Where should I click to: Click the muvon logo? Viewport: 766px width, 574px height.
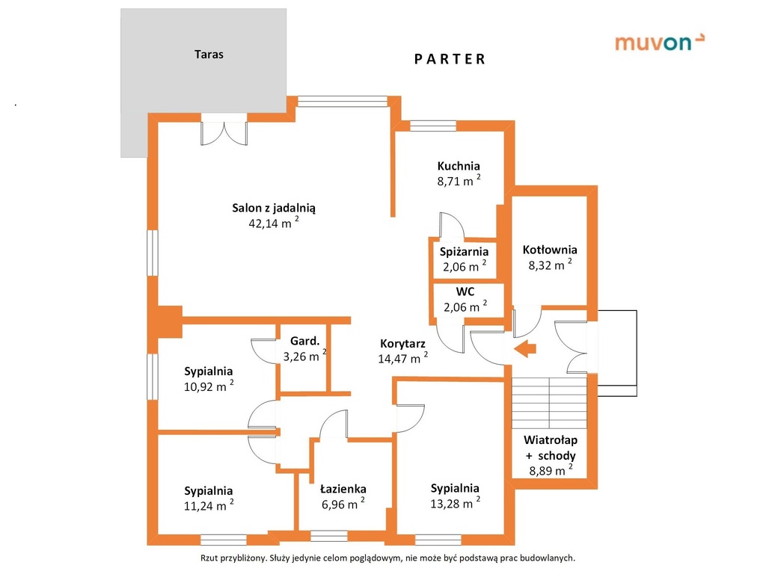(x=660, y=43)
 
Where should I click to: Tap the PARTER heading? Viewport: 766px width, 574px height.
(x=450, y=60)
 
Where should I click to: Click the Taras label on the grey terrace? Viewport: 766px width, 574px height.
(x=209, y=54)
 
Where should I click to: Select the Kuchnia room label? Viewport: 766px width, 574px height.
(x=459, y=166)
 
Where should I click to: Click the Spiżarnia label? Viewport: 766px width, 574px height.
(x=464, y=252)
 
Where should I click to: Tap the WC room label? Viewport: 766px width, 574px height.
(x=465, y=292)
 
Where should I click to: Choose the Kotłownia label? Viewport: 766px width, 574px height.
(x=550, y=250)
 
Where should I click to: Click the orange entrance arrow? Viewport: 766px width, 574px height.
(x=525, y=348)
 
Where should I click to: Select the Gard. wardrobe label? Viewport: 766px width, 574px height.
(x=305, y=341)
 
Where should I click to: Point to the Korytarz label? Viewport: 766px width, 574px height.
(x=402, y=344)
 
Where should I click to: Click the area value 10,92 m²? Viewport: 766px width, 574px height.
(x=209, y=386)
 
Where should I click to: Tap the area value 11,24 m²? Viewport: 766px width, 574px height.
(x=209, y=505)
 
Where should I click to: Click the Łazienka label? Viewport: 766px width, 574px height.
(x=343, y=489)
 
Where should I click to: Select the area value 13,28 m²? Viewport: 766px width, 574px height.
(x=455, y=503)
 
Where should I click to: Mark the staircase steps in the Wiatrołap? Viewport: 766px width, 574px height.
(x=550, y=403)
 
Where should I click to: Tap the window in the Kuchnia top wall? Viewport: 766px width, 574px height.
(x=433, y=126)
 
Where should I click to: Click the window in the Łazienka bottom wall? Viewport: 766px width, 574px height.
(x=329, y=536)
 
